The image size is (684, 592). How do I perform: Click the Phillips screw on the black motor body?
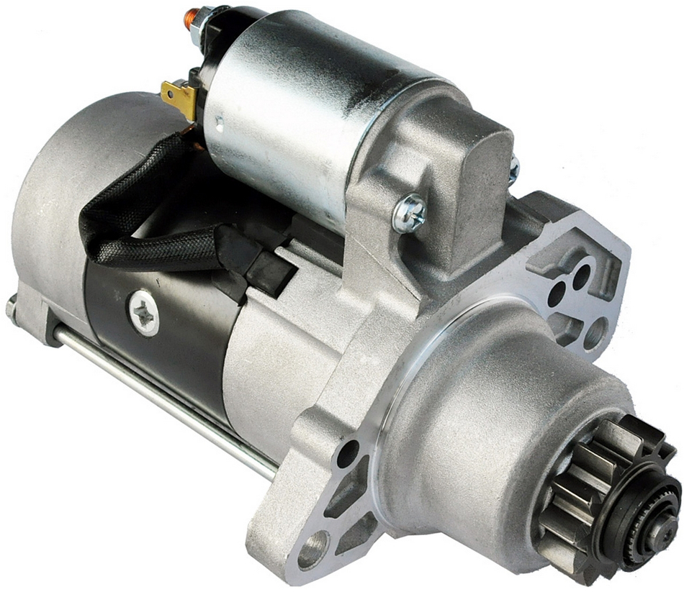pos(145,313)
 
